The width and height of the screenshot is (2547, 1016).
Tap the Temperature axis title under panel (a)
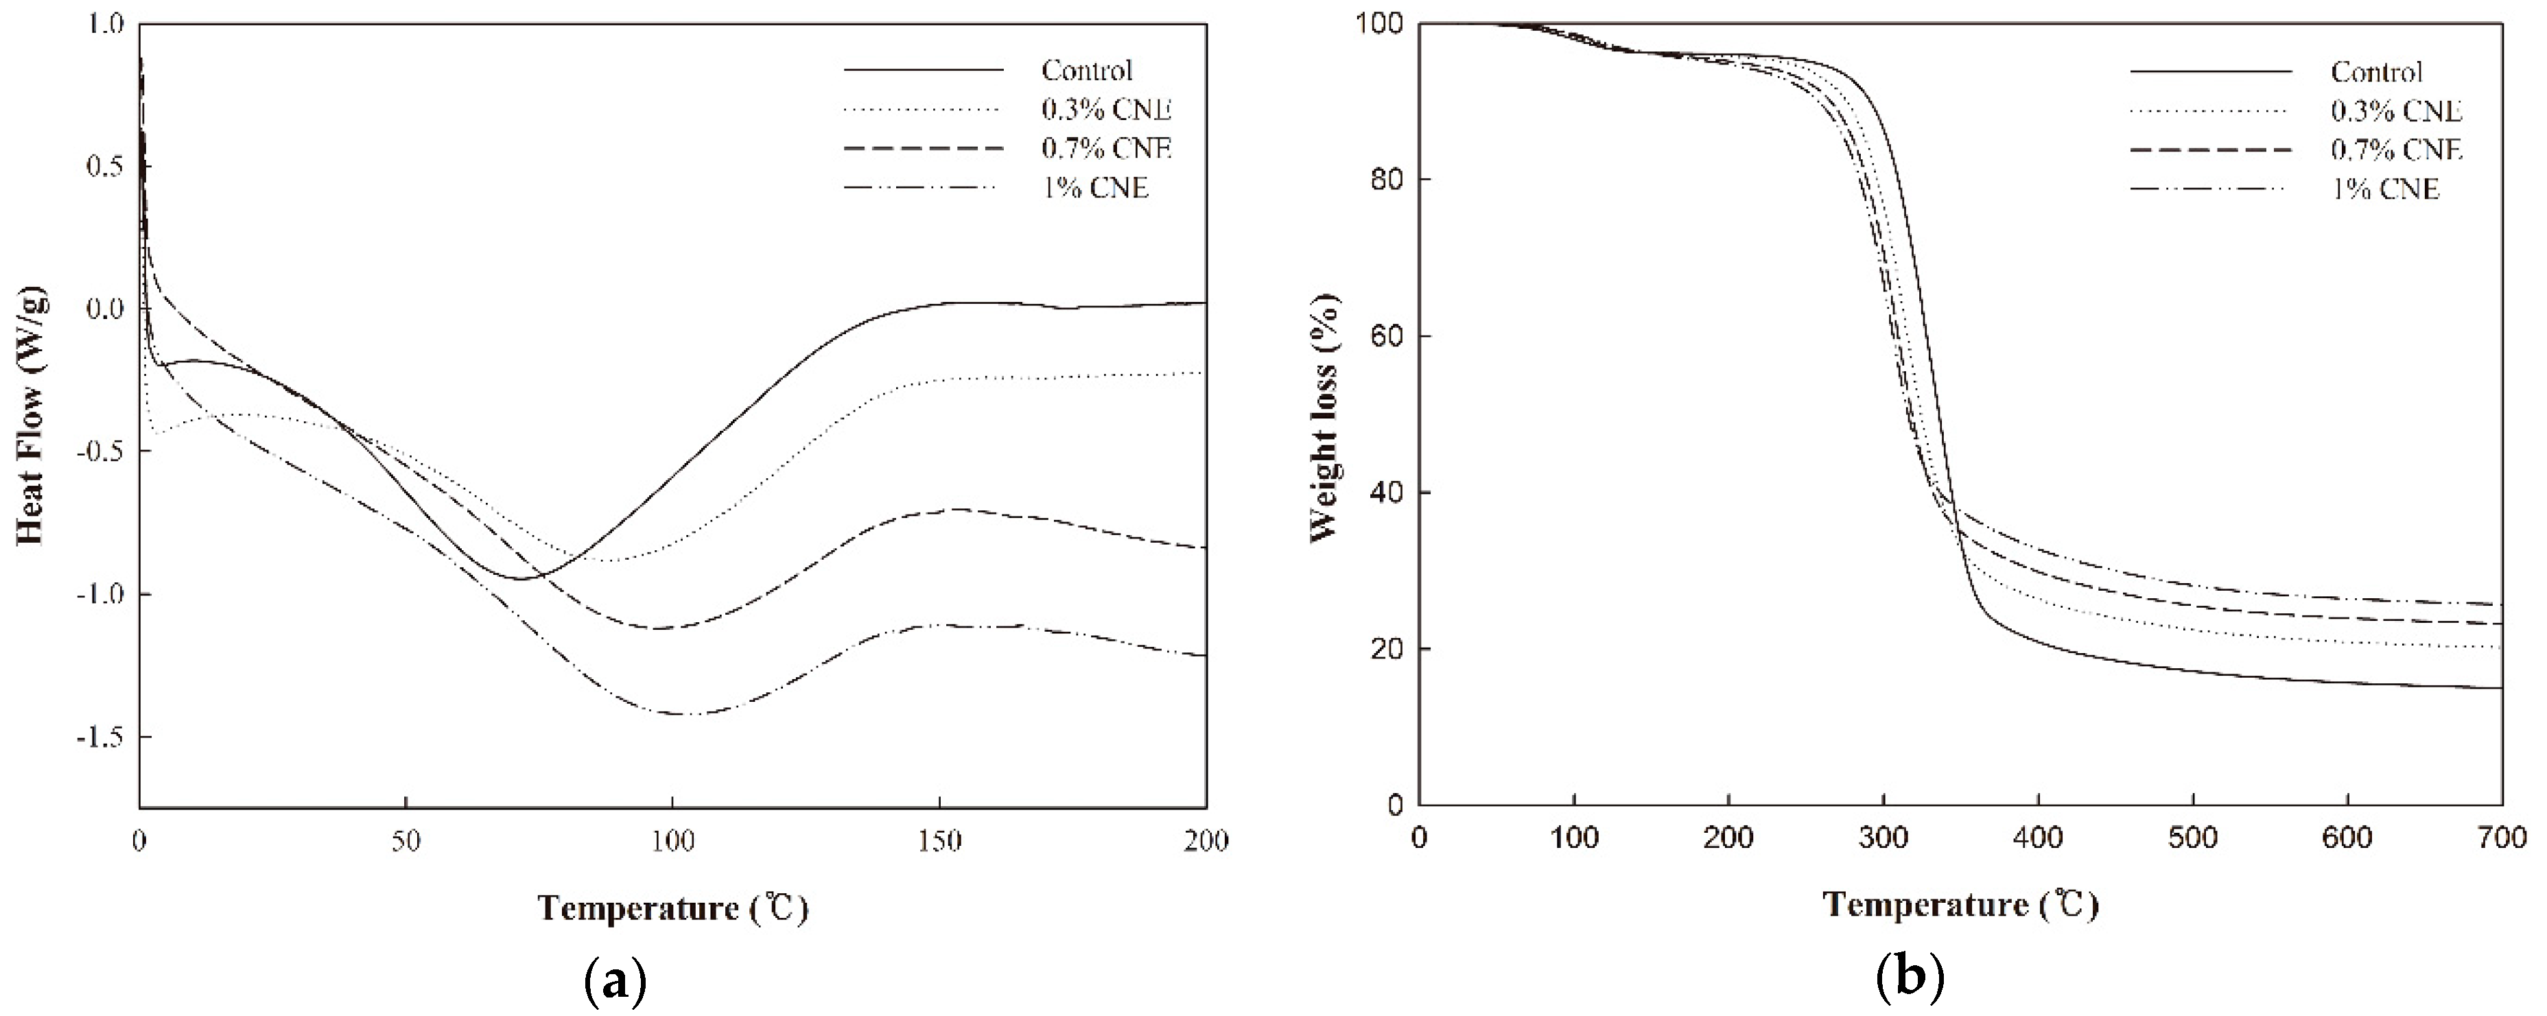click(673, 908)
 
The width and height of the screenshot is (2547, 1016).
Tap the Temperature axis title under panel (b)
click(1960, 904)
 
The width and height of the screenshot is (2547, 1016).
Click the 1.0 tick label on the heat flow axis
click(105, 24)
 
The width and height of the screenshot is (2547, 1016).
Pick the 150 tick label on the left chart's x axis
click(939, 841)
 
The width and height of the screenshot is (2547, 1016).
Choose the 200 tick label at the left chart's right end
click(1206, 841)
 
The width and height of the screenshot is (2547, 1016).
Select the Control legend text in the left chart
click(1087, 70)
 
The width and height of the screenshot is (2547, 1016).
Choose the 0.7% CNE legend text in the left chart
click(1105, 148)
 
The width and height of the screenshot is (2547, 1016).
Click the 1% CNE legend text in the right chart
click(2385, 189)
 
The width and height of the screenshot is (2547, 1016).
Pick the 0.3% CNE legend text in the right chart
click(2396, 110)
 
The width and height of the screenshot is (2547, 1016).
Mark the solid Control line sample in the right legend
click(2211, 72)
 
